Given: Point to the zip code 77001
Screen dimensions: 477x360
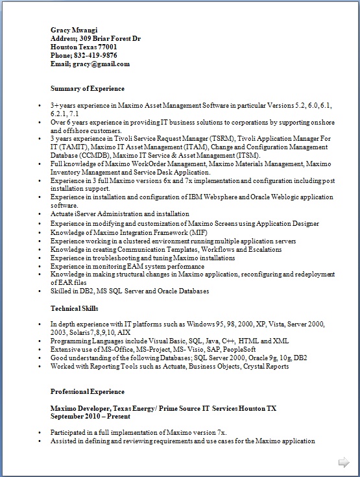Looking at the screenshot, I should tap(106, 47).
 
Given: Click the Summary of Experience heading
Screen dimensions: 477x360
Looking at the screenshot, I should tap(88, 88).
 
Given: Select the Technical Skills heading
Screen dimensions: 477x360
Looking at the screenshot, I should tap(75, 308).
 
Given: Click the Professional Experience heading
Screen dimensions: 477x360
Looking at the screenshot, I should tap(88, 392).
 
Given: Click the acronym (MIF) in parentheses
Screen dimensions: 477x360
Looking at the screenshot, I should tap(198, 232).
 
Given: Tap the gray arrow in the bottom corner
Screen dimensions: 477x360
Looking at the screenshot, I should tap(344, 462).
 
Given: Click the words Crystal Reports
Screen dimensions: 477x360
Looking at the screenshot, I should tap(266, 366).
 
